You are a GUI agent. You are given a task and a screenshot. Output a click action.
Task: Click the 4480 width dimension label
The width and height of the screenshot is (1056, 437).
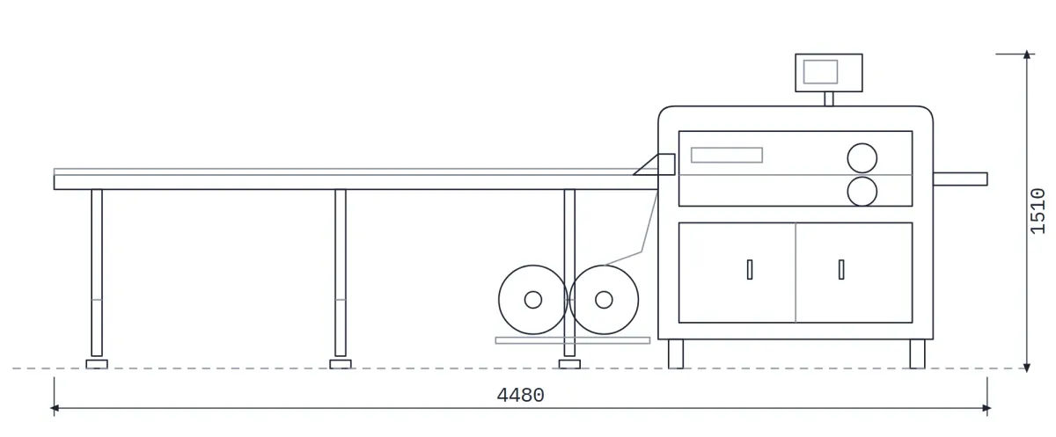(520, 396)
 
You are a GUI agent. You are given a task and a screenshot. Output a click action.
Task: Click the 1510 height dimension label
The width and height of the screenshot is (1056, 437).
(1038, 210)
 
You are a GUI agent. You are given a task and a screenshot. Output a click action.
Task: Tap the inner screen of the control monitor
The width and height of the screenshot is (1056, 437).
(821, 72)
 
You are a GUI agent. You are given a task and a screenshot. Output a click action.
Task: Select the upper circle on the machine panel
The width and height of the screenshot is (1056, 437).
(862, 158)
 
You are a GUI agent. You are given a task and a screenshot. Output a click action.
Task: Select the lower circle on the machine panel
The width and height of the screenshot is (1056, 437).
(862, 192)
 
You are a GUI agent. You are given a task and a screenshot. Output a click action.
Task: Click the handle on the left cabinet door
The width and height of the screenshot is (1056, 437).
(750, 270)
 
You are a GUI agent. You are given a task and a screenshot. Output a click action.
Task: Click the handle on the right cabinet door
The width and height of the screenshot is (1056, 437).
(841, 270)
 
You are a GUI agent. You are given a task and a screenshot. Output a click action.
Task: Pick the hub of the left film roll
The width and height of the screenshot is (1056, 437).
(533, 300)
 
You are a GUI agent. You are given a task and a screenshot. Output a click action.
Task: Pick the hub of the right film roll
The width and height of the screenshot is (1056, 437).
(604, 300)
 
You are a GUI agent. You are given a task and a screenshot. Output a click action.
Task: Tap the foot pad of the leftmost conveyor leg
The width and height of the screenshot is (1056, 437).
(97, 364)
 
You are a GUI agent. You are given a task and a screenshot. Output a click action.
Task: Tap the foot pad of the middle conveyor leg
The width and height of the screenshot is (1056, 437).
(341, 364)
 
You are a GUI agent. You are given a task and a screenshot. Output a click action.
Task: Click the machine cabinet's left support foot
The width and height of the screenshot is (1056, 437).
(676, 353)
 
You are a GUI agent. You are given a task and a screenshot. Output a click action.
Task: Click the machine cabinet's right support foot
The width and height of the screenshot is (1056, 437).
(917, 353)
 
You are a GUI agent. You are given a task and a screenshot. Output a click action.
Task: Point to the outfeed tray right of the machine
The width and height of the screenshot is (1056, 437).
(960, 179)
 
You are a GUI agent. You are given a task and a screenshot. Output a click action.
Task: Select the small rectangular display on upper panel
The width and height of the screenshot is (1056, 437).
(727, 155)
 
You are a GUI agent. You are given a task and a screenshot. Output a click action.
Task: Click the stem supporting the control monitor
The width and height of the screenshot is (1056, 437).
(829, 98)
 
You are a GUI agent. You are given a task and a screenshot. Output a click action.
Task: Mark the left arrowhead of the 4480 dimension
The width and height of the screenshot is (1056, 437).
(55, 408)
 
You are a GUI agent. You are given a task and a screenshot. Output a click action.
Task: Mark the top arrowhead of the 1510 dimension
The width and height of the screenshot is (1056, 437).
(1027, 55)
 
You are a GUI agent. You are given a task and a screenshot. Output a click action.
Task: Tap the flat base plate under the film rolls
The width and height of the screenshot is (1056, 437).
(573, 340)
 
